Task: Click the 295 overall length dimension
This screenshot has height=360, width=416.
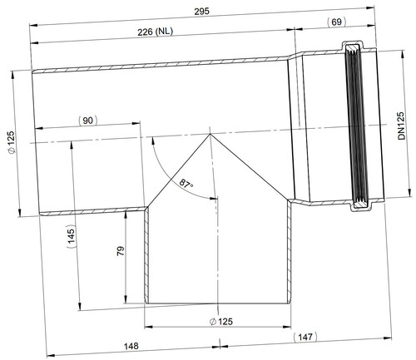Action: (x=201, y=12)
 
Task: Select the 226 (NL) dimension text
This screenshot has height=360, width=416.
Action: (x=156, y=32)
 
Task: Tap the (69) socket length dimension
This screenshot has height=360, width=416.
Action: (x=337, y=22)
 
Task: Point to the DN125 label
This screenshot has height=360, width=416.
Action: (x=401, y=126)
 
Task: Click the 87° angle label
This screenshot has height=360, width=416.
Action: (x=186, y=184)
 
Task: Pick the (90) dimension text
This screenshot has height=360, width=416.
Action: (x=87, y=121)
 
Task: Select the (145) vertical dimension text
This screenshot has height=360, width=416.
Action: (x=72, y=238)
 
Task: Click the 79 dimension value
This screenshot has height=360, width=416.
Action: (x=121, y=251)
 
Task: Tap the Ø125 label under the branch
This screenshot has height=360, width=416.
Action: (x=221, y=322)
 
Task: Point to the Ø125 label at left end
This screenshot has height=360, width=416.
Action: (x=12, y=142)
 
